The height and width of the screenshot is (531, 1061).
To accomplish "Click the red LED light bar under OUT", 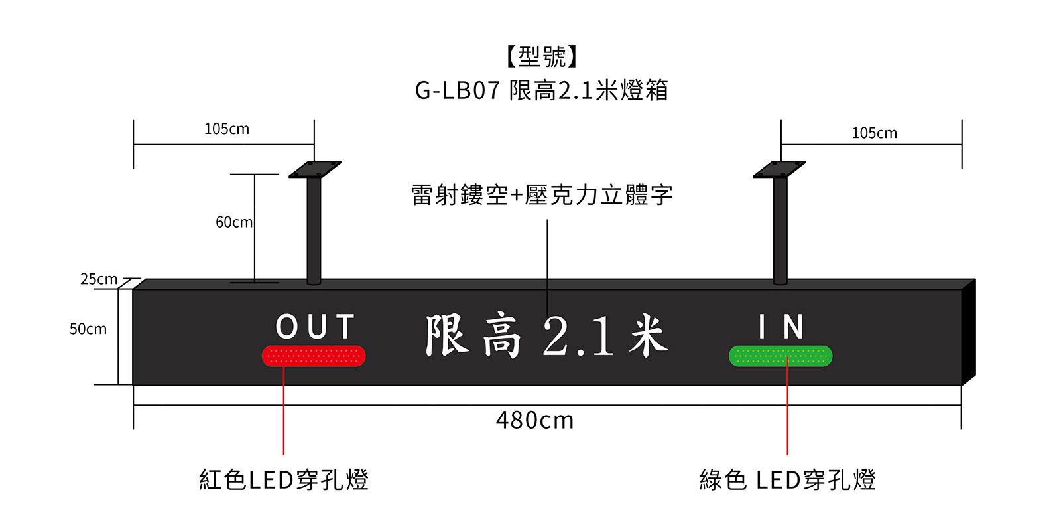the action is [x=314, y=356].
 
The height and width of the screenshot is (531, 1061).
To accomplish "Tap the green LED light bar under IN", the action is [x=780, y=356].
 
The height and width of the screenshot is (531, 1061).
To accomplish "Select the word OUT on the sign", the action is [x=315, y=326].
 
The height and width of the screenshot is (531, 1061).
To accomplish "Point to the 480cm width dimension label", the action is [x=534, y=421].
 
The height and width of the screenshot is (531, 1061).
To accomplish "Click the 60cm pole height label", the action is [x=234, y=222].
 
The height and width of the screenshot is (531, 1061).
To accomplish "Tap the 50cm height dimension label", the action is [x=88, y=329].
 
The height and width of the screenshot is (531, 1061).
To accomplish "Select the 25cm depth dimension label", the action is [x=99, y=279].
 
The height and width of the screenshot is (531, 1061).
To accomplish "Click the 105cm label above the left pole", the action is [x=226, y=129].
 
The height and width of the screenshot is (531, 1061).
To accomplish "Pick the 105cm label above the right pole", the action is [x=875, y=133].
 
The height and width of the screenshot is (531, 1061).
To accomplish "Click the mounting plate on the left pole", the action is [x=314, y=169].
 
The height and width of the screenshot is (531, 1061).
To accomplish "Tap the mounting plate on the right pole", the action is [x=779, y=169].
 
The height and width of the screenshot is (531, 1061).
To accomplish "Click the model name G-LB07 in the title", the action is [x=458, y=90].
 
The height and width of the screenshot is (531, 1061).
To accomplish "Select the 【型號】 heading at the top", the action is [x=541, y=57].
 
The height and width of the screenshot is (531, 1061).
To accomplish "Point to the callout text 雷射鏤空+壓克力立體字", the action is [x=541, y=195].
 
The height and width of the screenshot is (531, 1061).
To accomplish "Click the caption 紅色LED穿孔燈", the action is [x=284, y=479].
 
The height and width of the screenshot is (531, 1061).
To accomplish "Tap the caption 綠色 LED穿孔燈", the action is [x=788, y=479].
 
